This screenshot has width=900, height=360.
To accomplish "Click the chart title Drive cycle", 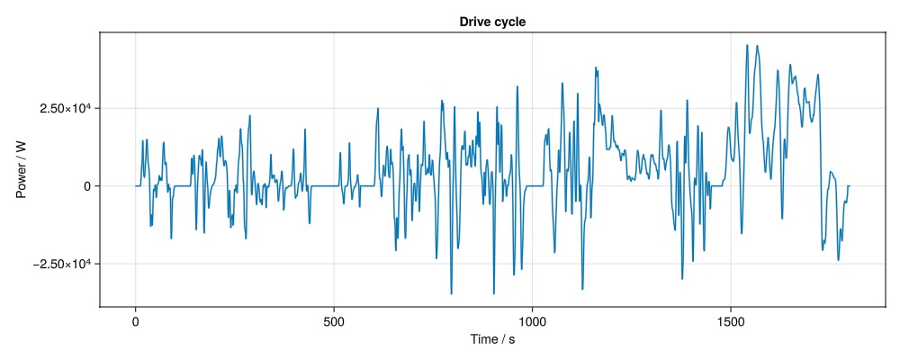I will pyautogui.click(x=492, y=22).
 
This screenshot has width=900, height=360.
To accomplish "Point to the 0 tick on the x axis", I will pyautogui.click(x=135, y=319).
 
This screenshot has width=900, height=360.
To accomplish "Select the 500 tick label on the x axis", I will pyautogui.click(x=334, y=319).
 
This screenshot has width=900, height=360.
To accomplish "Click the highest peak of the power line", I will pyautogui.click(x=747, y=45).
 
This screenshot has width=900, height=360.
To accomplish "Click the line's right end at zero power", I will pyautogui.click(x=849, y=185).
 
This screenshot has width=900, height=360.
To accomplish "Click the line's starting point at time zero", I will pyautogui.click(x=135, y=185).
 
